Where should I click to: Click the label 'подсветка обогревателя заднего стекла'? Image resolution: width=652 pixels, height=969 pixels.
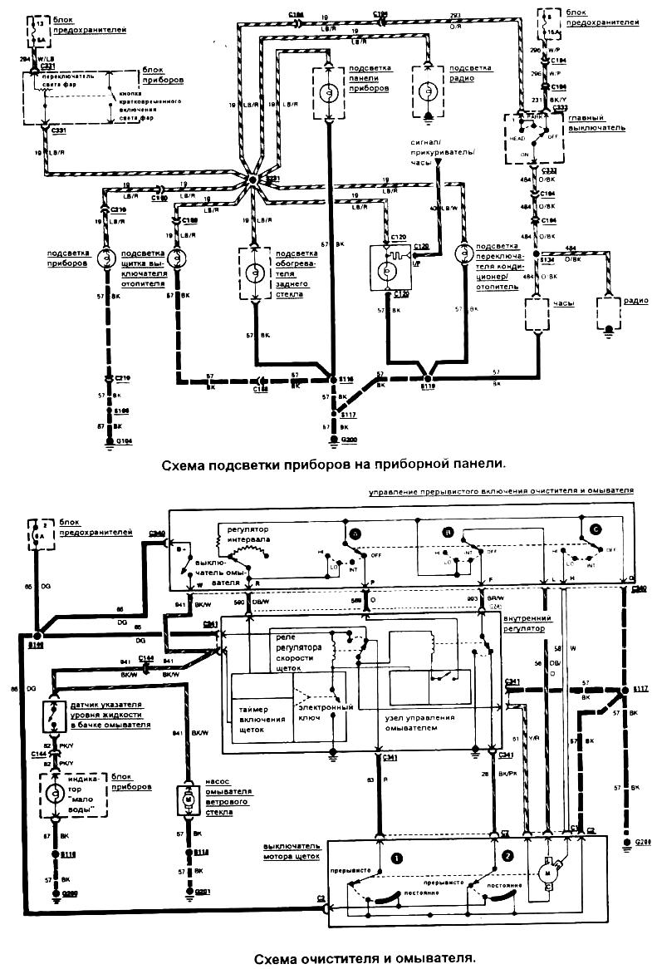pyautogui.click(x=297, y=273)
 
